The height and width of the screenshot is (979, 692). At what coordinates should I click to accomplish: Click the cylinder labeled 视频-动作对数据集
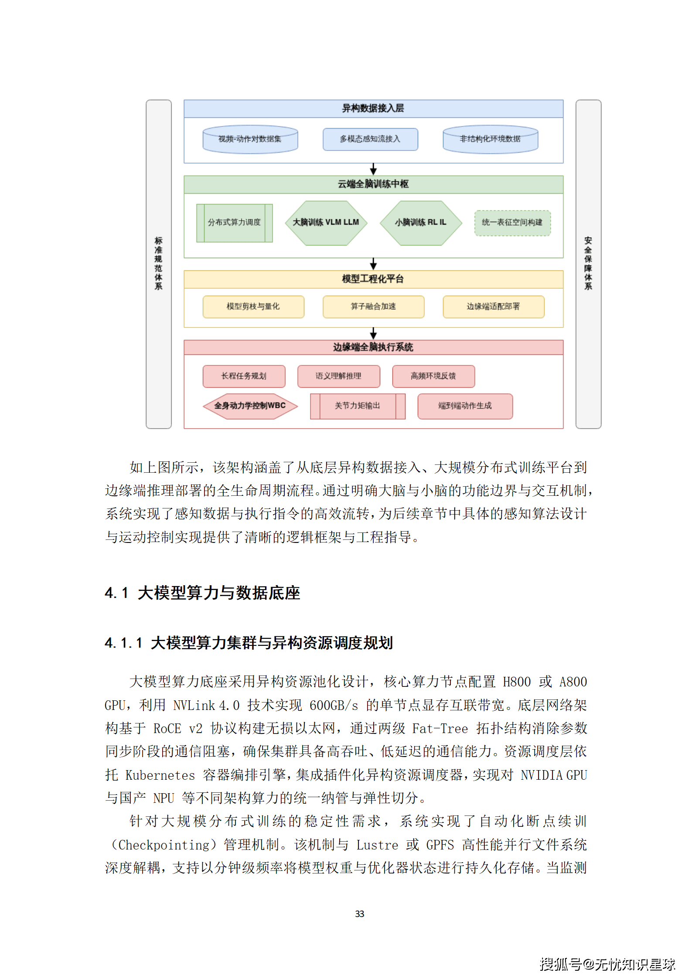(x=250, y=139)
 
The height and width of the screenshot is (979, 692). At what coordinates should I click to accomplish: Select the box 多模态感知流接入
(x=370, y=139)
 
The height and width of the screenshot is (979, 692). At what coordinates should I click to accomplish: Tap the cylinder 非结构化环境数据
(x=490, y=139)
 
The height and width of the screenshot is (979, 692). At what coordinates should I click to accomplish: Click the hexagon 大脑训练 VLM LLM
(x=326, y=223)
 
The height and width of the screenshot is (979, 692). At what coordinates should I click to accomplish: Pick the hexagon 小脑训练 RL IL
(x=420, y=223)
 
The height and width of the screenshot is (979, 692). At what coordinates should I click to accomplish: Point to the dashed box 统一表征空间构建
(x=512, y=223)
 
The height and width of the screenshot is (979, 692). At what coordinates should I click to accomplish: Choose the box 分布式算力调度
(x=234, y=223)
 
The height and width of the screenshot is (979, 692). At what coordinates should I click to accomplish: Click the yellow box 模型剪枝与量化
(x=253, y=307)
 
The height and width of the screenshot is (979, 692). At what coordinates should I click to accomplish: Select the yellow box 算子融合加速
(x=373, y=307)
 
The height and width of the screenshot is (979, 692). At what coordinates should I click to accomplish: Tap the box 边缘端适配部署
(x=493, y=307)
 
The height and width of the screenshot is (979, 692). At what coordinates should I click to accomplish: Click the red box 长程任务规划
(x=244, y=376)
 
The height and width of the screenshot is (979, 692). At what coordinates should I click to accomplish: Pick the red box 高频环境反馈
(x=433, y=376)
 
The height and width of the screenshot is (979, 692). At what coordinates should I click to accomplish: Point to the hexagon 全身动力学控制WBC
(x=250, y=406)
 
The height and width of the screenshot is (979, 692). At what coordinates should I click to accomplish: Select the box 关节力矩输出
(x=358, y=406)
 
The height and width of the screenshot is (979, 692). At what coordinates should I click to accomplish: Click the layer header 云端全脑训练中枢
(x=373, y=184)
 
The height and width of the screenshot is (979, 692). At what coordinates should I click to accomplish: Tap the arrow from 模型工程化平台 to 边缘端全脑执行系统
(x=373, y=334)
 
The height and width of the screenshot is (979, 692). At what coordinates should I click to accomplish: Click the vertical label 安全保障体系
(x=588, y=263)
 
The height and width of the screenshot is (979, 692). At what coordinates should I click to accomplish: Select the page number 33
(x=359, y=914)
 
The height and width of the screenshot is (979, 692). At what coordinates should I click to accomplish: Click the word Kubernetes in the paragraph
(x=160, y=775)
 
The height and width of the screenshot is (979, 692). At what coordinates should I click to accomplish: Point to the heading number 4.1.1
(x=123, y=643)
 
